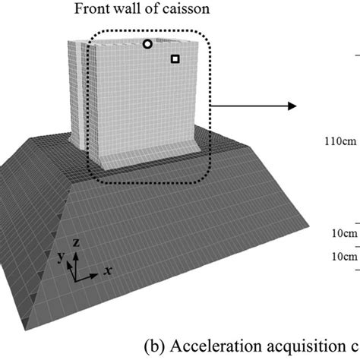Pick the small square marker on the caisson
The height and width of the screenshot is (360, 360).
pyautogui.click(x=175, y=58)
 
